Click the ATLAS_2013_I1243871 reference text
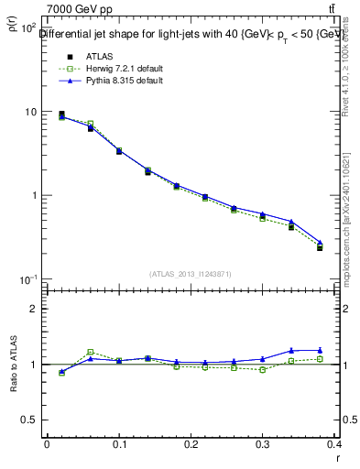coord(191,274)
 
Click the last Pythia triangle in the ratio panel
coord(320,350)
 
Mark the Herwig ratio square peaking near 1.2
coord(90,352)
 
